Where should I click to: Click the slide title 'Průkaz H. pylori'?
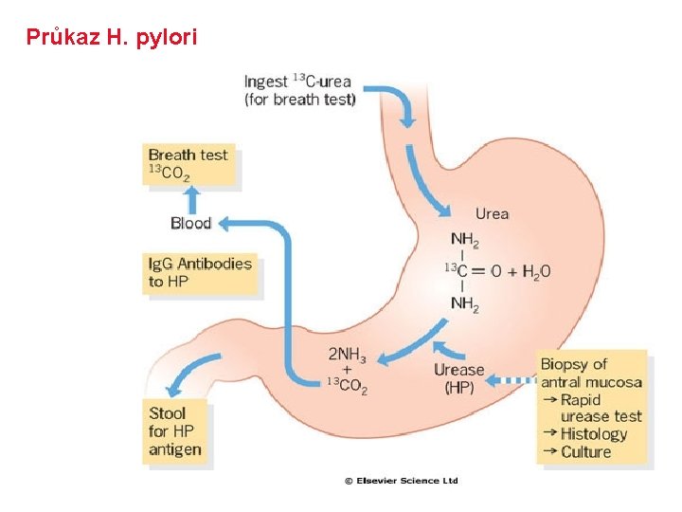click(112, 38)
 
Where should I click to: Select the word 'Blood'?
click(190, 224)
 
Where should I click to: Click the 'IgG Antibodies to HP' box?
click(200, 272)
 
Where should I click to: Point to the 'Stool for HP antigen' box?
click(175, 431)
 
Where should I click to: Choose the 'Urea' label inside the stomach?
click(492, 214)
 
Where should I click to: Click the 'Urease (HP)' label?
click(458, 378)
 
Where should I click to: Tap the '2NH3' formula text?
click(348, 354)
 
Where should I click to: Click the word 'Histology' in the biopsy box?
click(594, 433)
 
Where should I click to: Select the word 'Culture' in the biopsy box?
click(586, 451)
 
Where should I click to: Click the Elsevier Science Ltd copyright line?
click(401, 481)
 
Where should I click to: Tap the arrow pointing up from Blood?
click(191, 198)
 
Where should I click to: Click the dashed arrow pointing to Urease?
click(511, 381)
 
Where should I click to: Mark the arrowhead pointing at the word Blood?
click(224, 224)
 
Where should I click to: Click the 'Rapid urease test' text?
click(601, 408)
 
